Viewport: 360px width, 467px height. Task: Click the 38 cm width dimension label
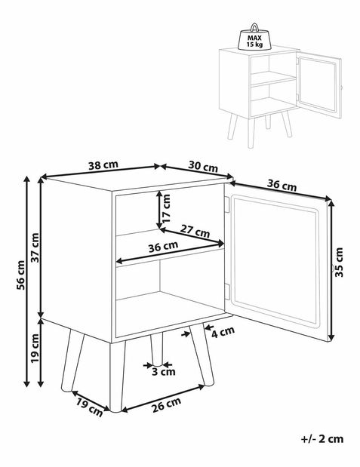point(103,164)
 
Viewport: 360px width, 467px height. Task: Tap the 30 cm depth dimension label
point(203,167)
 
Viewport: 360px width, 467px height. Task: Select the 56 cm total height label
point(20,275)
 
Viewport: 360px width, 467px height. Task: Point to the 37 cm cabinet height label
point(35,247)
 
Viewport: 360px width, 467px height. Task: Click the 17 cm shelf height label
point(167,208)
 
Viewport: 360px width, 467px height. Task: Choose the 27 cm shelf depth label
point(195,231)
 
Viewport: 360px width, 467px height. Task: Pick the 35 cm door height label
point(339,263)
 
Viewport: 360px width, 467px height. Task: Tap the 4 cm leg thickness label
point(223,331)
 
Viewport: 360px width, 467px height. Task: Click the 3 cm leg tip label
point(164,371)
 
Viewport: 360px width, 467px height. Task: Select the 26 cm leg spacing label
point(166,404)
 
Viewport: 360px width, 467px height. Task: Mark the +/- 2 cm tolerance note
point(322,438)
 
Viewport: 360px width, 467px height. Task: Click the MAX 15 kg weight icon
point(254,37)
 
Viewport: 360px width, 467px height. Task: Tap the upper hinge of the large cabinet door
point(227,205)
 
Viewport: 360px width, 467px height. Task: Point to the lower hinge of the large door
point(227,291)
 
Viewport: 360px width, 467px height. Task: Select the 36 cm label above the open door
point(282,186)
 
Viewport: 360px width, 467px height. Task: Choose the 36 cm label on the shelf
point(163,247)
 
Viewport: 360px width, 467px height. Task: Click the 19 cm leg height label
point(35,348)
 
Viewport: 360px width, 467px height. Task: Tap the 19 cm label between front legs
point(89,407)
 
